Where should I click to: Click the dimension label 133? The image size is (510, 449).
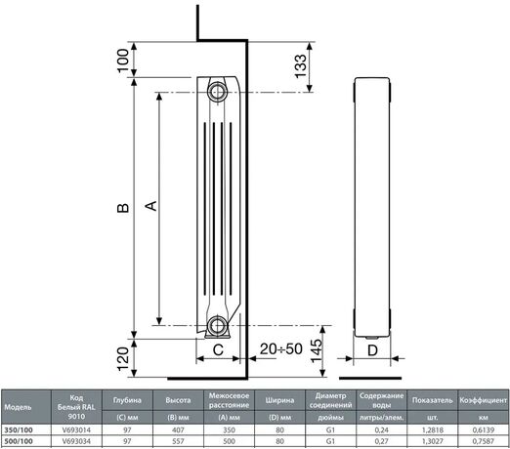pos(301,66)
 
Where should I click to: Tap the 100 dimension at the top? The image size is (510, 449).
pos(123,61)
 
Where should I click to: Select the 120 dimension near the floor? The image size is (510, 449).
pos(123,359)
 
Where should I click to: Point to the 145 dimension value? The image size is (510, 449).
pos(317,351)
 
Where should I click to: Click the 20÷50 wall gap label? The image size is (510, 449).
pos(281,348)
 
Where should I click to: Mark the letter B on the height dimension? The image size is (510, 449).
pos(123,208)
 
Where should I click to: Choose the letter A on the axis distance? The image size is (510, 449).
pos(150,206)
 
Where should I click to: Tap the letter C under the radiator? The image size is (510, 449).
pos(218,350)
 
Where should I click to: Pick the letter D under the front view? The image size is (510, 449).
pos(372,350)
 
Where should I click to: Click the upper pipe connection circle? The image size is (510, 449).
pos(216,92)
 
